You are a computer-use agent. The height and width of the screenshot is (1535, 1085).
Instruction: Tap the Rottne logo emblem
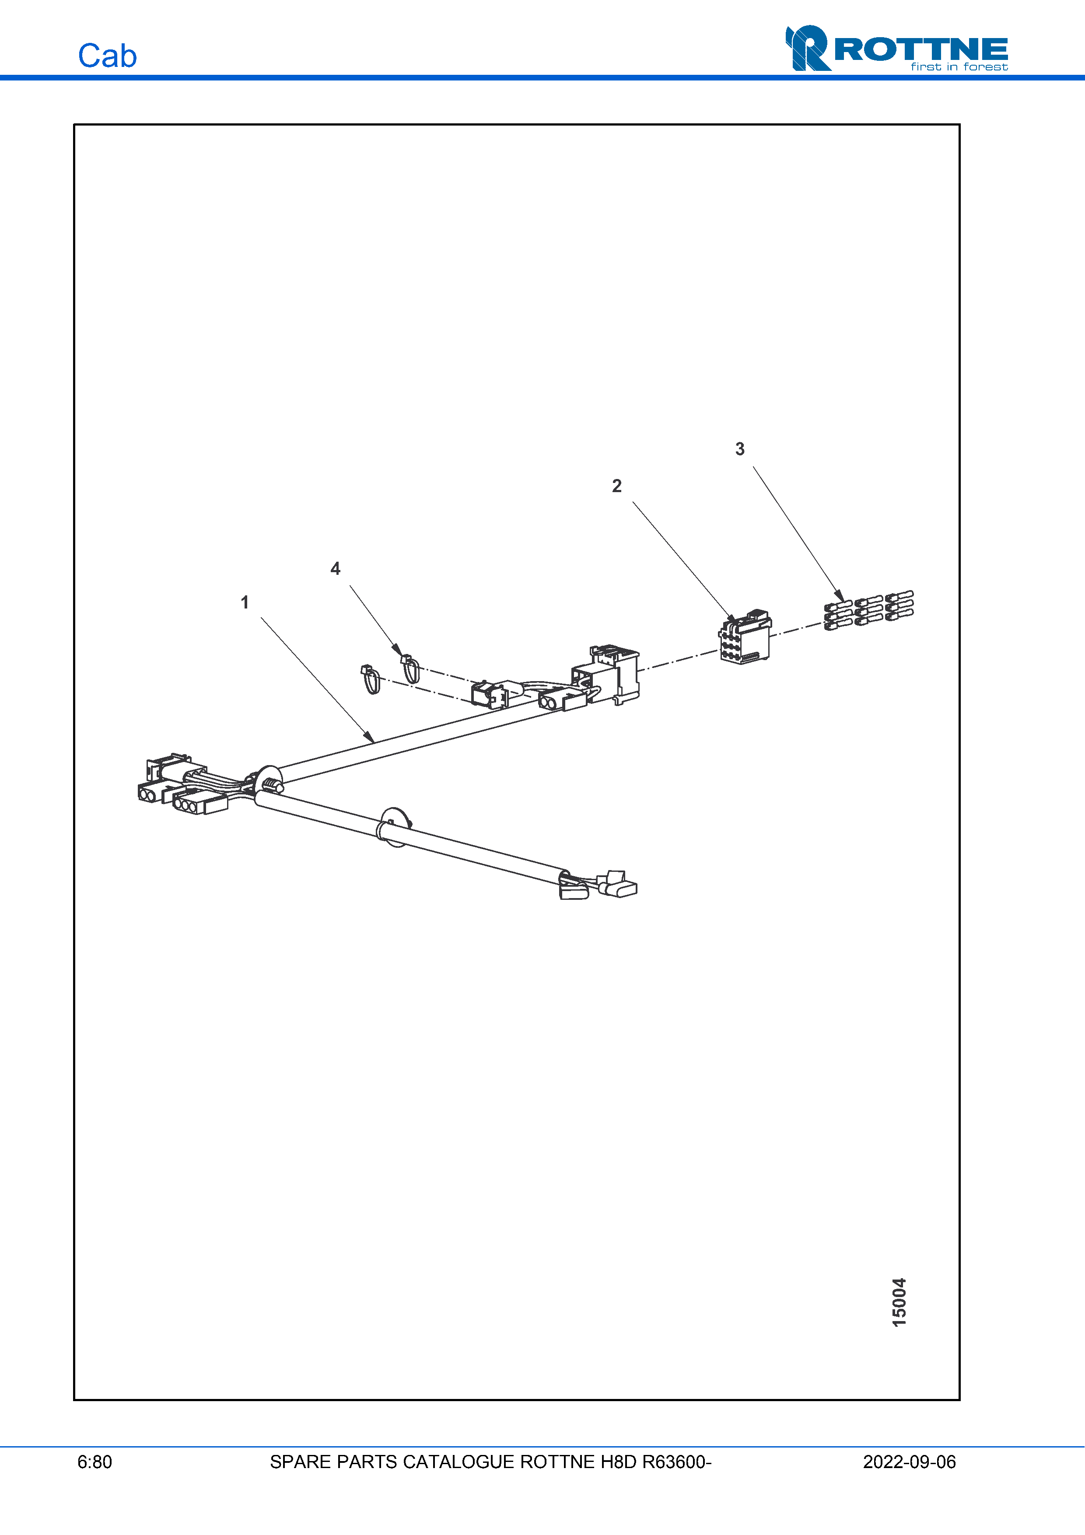click(x=808, y=48)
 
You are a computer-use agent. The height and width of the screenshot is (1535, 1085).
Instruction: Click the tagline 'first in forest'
click(x=959, y=67)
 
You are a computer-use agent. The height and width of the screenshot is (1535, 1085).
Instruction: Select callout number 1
click(x=245, y=602)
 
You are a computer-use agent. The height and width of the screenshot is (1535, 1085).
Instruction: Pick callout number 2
click(x=616, y=486)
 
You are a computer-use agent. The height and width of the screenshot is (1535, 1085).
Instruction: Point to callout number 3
click(x=739, y=449)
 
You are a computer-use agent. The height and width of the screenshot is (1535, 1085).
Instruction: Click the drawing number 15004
click(x=899, y=1302)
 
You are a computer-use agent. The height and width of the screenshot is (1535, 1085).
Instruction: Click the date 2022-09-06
click(x=909, y=1462)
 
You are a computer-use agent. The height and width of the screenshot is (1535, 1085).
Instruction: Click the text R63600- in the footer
click(x=676, y=1462)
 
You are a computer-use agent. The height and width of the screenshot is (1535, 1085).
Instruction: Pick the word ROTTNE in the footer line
click(x=557, y=1462)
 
